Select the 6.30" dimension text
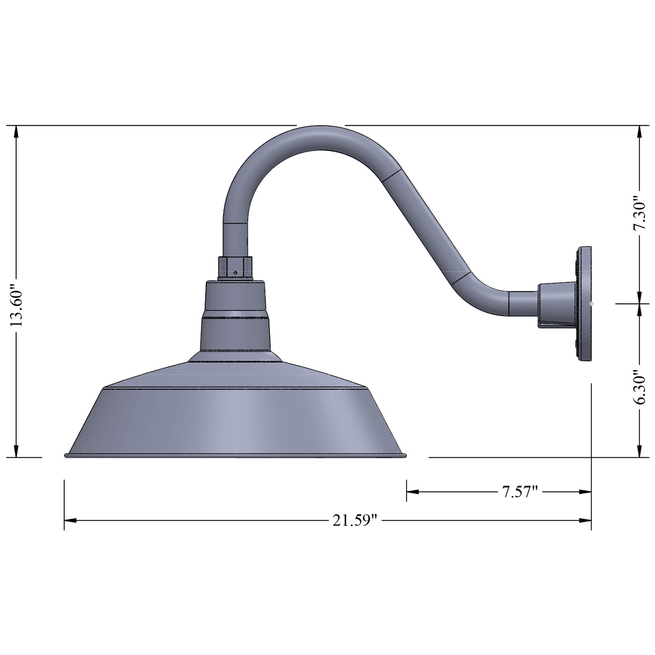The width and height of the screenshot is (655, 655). pyautogui.click(x=639, y=386)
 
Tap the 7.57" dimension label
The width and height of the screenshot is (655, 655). pyautogui.click(x=520, y=492)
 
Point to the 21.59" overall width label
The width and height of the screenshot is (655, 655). pyautogui.click(x=355, y=520)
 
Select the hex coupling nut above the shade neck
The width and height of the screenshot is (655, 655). pyautogui.click(x=235, y=268)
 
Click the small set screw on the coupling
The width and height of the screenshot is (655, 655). pyautogui.click(x=235, y=272)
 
